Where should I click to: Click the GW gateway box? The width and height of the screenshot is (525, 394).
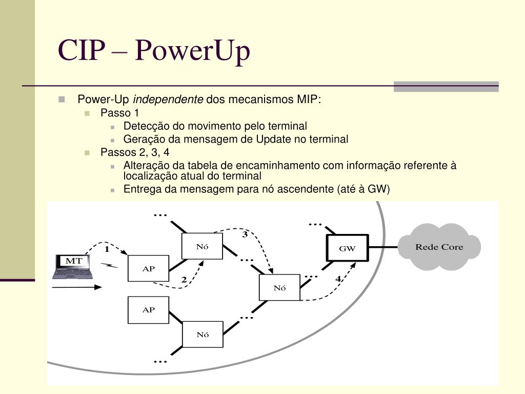tap(347, 248)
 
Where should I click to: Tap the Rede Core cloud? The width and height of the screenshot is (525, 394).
tap(439, 247)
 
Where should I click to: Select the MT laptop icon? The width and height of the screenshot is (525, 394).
tap(73, 266)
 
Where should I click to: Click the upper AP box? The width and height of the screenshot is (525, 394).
tap(148, 268)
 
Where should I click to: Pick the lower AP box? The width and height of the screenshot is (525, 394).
tap(148, 310)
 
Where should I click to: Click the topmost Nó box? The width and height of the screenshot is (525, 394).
tap(203, 247)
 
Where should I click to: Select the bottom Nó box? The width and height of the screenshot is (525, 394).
tap(203, 334)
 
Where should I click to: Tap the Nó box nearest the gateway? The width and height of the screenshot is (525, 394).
tap(279, 288)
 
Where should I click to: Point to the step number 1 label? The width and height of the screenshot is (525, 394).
tap(107, 250)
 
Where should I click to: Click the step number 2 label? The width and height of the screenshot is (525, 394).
tap(184, 280)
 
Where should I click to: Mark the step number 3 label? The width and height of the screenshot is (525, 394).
tap(245, 235)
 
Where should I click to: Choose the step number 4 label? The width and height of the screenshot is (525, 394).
tap(338, 279)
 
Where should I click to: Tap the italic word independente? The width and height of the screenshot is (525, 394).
tap(169, 99)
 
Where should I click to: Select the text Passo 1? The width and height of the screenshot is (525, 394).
tap(119, 113)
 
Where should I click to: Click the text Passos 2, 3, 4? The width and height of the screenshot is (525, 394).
tap(134, 152)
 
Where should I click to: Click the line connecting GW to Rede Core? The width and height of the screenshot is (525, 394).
tap(383, 247)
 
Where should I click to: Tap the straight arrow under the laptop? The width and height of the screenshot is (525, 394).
tap(77, 287)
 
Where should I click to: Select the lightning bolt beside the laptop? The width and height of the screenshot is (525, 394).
tap(109, 265)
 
